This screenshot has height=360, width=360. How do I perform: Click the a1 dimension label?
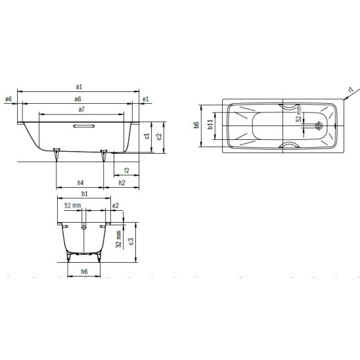(79, 87)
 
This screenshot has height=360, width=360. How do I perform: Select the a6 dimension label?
(78, 99)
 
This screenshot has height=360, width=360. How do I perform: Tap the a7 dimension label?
(81, 109)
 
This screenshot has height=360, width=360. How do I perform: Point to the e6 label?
(9, 99)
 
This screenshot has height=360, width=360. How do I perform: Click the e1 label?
(146, 99)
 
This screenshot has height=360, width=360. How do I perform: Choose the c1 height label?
(147, 136)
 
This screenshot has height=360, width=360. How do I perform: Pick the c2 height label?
(159, 136)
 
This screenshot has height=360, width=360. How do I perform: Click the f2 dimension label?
(127, 170)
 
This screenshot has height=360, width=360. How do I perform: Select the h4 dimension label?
(80, 183)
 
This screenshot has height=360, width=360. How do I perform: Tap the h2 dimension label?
(122, 183)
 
